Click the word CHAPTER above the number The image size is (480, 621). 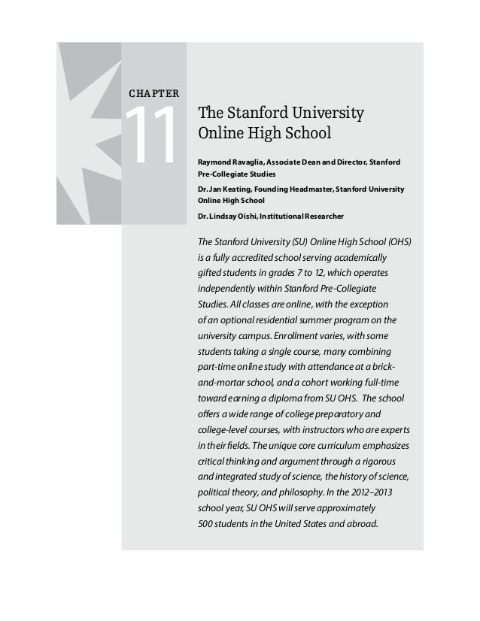[153, 94]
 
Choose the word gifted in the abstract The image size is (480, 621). [208, 274]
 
